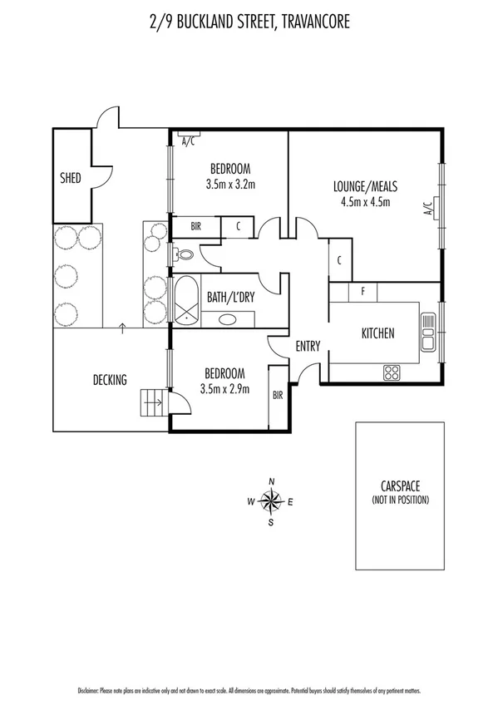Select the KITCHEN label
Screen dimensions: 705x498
(x=377, y=333)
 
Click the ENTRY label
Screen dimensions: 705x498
(x=308, y=347)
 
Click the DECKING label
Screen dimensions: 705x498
(x=110, y=381)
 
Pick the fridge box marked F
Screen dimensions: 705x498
(x=362, y=292)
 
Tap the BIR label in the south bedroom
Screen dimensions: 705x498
(x=278, y=396)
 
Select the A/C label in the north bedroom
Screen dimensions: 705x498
(x=188, y=141)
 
